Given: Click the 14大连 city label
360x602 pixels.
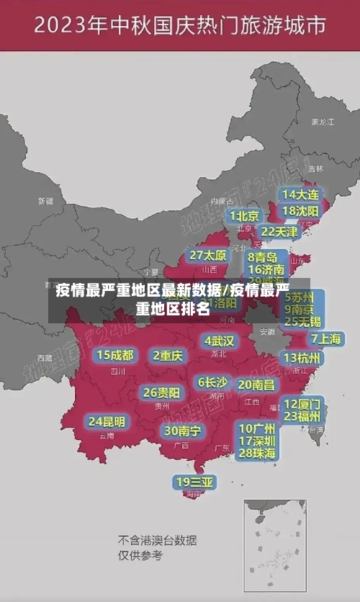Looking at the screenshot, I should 301,194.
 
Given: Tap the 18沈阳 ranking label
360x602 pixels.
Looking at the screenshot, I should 301,211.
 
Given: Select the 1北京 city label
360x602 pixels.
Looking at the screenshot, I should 245,215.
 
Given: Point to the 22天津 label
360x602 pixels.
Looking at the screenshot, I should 279,232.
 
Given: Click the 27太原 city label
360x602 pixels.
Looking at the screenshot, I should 208,256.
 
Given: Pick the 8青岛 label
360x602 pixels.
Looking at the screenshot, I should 263,257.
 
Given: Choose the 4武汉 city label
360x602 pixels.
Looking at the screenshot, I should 219,340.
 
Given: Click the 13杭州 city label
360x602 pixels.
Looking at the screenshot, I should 302,358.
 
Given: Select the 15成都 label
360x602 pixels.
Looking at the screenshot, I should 115,355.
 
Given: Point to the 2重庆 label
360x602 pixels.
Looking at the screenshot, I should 168,355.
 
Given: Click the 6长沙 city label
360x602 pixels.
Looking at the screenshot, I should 212,382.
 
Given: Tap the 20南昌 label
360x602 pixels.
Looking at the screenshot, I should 256,385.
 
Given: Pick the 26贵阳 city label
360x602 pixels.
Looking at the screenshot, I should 161,393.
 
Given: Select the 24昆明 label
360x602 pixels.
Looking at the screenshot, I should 107,421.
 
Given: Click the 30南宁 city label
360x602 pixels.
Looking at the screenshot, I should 183,431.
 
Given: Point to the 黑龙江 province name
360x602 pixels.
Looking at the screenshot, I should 323,122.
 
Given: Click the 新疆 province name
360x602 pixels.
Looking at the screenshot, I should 46,201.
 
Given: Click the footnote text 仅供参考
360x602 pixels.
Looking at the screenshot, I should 140,555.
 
